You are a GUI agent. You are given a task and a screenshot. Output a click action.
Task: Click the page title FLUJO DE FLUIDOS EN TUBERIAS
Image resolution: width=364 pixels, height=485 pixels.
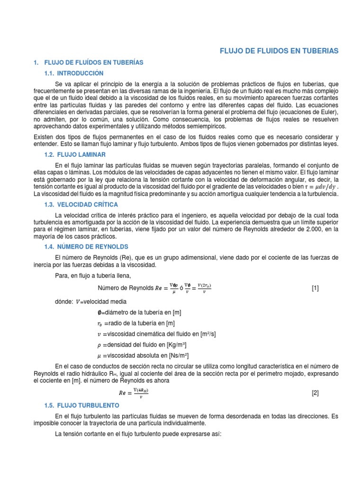click(279, 51)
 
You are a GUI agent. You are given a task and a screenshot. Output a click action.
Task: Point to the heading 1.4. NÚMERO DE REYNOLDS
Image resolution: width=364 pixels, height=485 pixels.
click(89, 247)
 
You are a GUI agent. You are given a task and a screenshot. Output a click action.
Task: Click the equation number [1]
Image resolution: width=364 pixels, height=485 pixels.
click(315, 288)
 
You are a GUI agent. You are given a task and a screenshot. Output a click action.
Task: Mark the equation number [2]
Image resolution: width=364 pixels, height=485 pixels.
click(315, 393)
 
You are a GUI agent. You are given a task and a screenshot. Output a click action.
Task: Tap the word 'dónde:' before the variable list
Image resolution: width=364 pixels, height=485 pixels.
click(64, 301)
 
